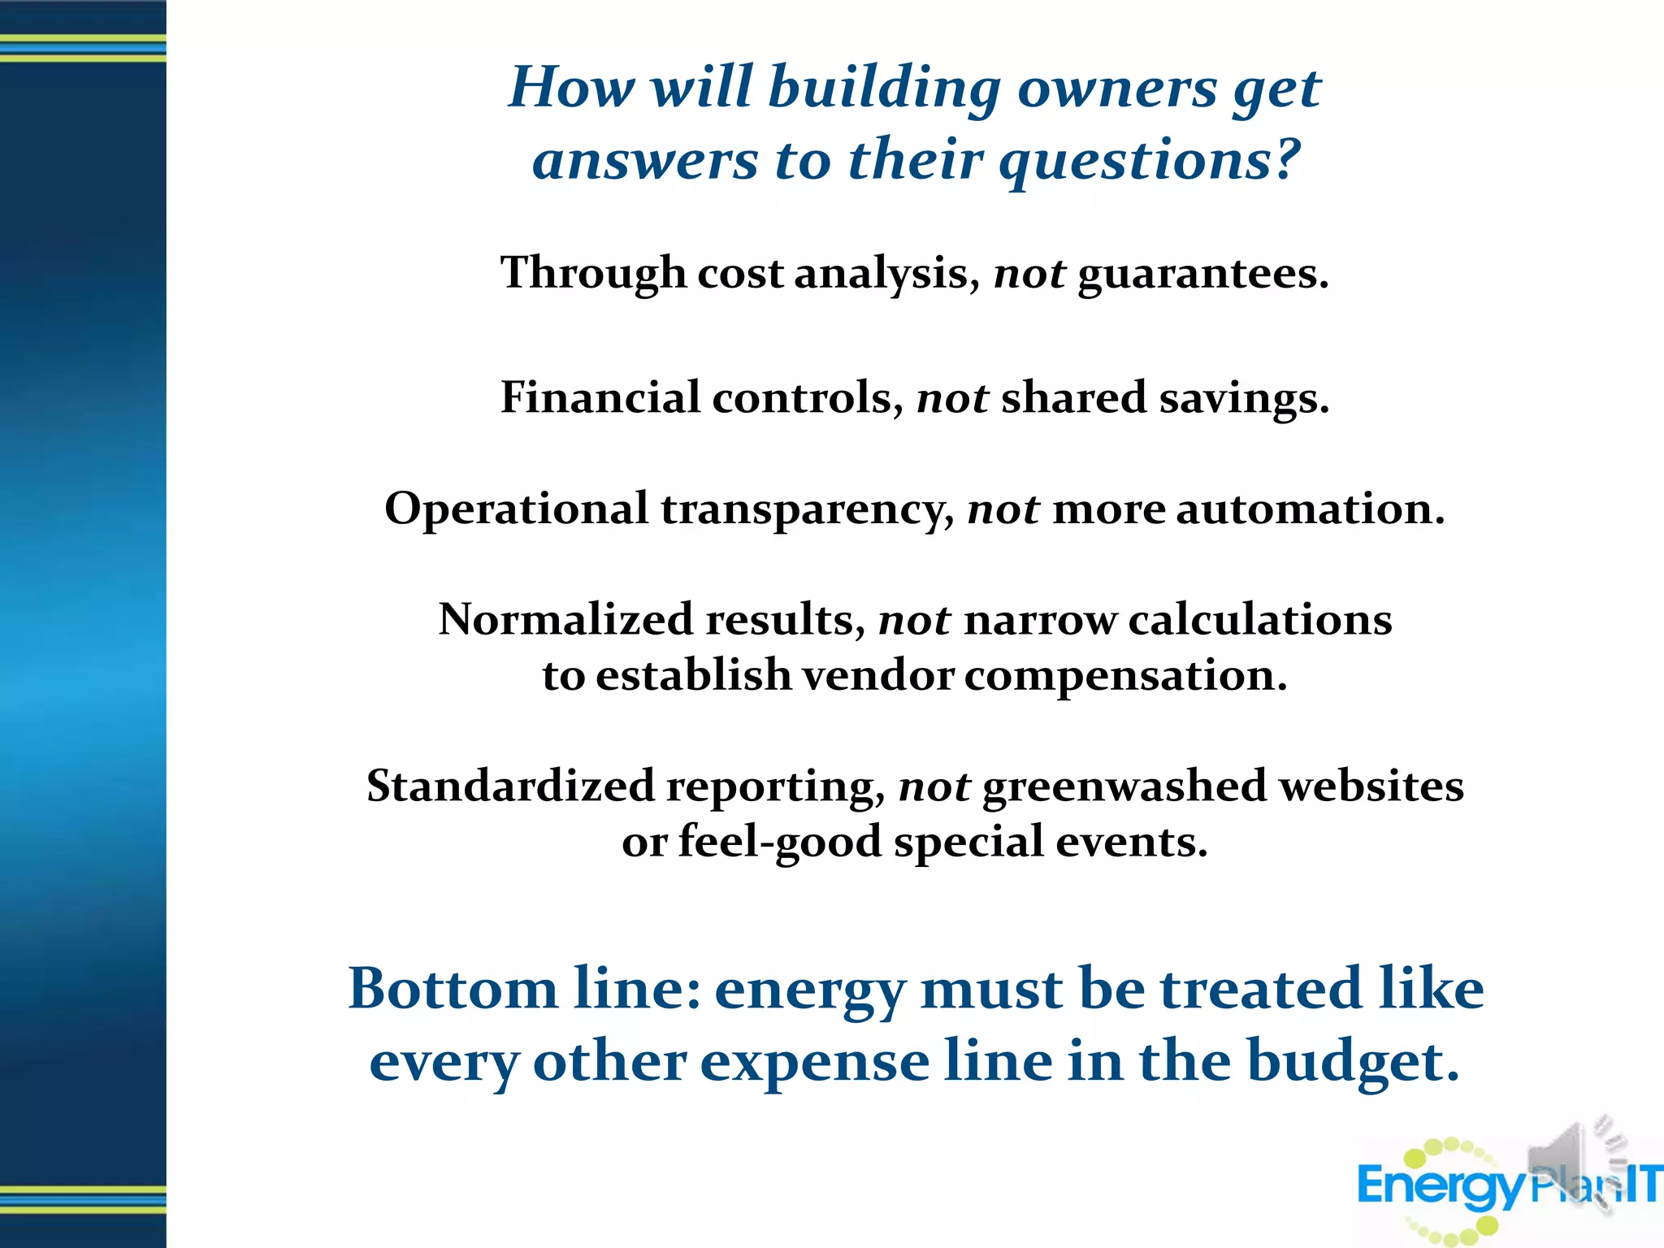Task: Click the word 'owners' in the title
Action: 1116,88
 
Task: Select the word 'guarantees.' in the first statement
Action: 1202,274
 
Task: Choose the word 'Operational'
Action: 516,509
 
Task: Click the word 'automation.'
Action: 1310,509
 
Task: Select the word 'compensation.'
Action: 1125,676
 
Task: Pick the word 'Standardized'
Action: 510,786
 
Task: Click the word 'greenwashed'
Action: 1124,786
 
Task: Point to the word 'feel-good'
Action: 779,842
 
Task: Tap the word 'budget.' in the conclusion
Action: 1353,1062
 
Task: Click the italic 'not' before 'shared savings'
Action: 952,398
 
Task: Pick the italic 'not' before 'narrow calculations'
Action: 914,620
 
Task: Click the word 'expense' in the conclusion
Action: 814,1062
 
